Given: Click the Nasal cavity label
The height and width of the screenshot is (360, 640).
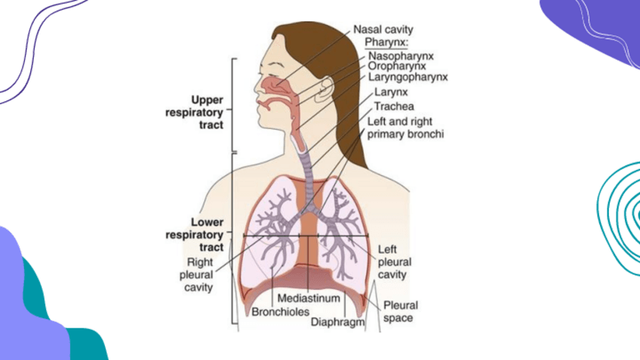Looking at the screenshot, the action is pos(383,29).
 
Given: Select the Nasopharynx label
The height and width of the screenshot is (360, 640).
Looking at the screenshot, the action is pos(401,55).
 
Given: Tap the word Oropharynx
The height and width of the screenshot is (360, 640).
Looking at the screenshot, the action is pos(398,66).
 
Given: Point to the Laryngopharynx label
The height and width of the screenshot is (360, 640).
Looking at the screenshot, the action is pos(408,76).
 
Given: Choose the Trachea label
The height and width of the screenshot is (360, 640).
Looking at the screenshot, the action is pos(394,106).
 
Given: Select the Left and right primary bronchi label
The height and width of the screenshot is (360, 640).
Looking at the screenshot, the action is pos(405,127).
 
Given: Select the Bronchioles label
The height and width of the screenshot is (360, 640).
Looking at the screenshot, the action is pos(276,311).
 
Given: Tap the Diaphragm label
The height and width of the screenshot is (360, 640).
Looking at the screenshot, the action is pos(337,322).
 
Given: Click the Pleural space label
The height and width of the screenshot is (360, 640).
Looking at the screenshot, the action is pos(400,312).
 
